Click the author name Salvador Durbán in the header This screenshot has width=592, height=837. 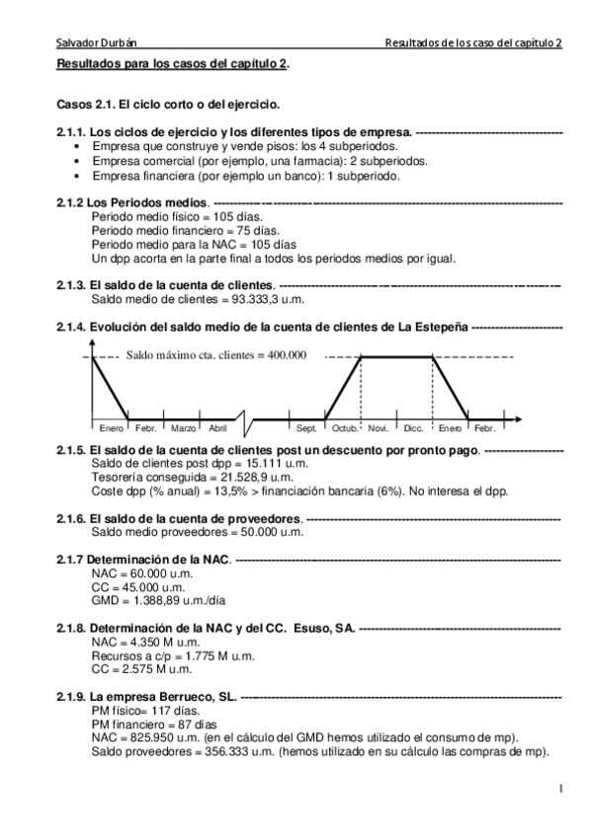[x=95, y=43]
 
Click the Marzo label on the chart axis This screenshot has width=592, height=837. [x=184, y=427]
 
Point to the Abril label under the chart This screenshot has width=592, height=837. [x=217, y=427]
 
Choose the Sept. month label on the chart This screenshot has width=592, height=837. [x=307, y=427]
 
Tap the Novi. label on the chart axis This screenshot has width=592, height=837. [x=378, y=427]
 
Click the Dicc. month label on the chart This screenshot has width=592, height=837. [x=413, y=427]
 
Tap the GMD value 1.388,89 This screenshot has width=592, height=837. [x=149, y=599]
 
